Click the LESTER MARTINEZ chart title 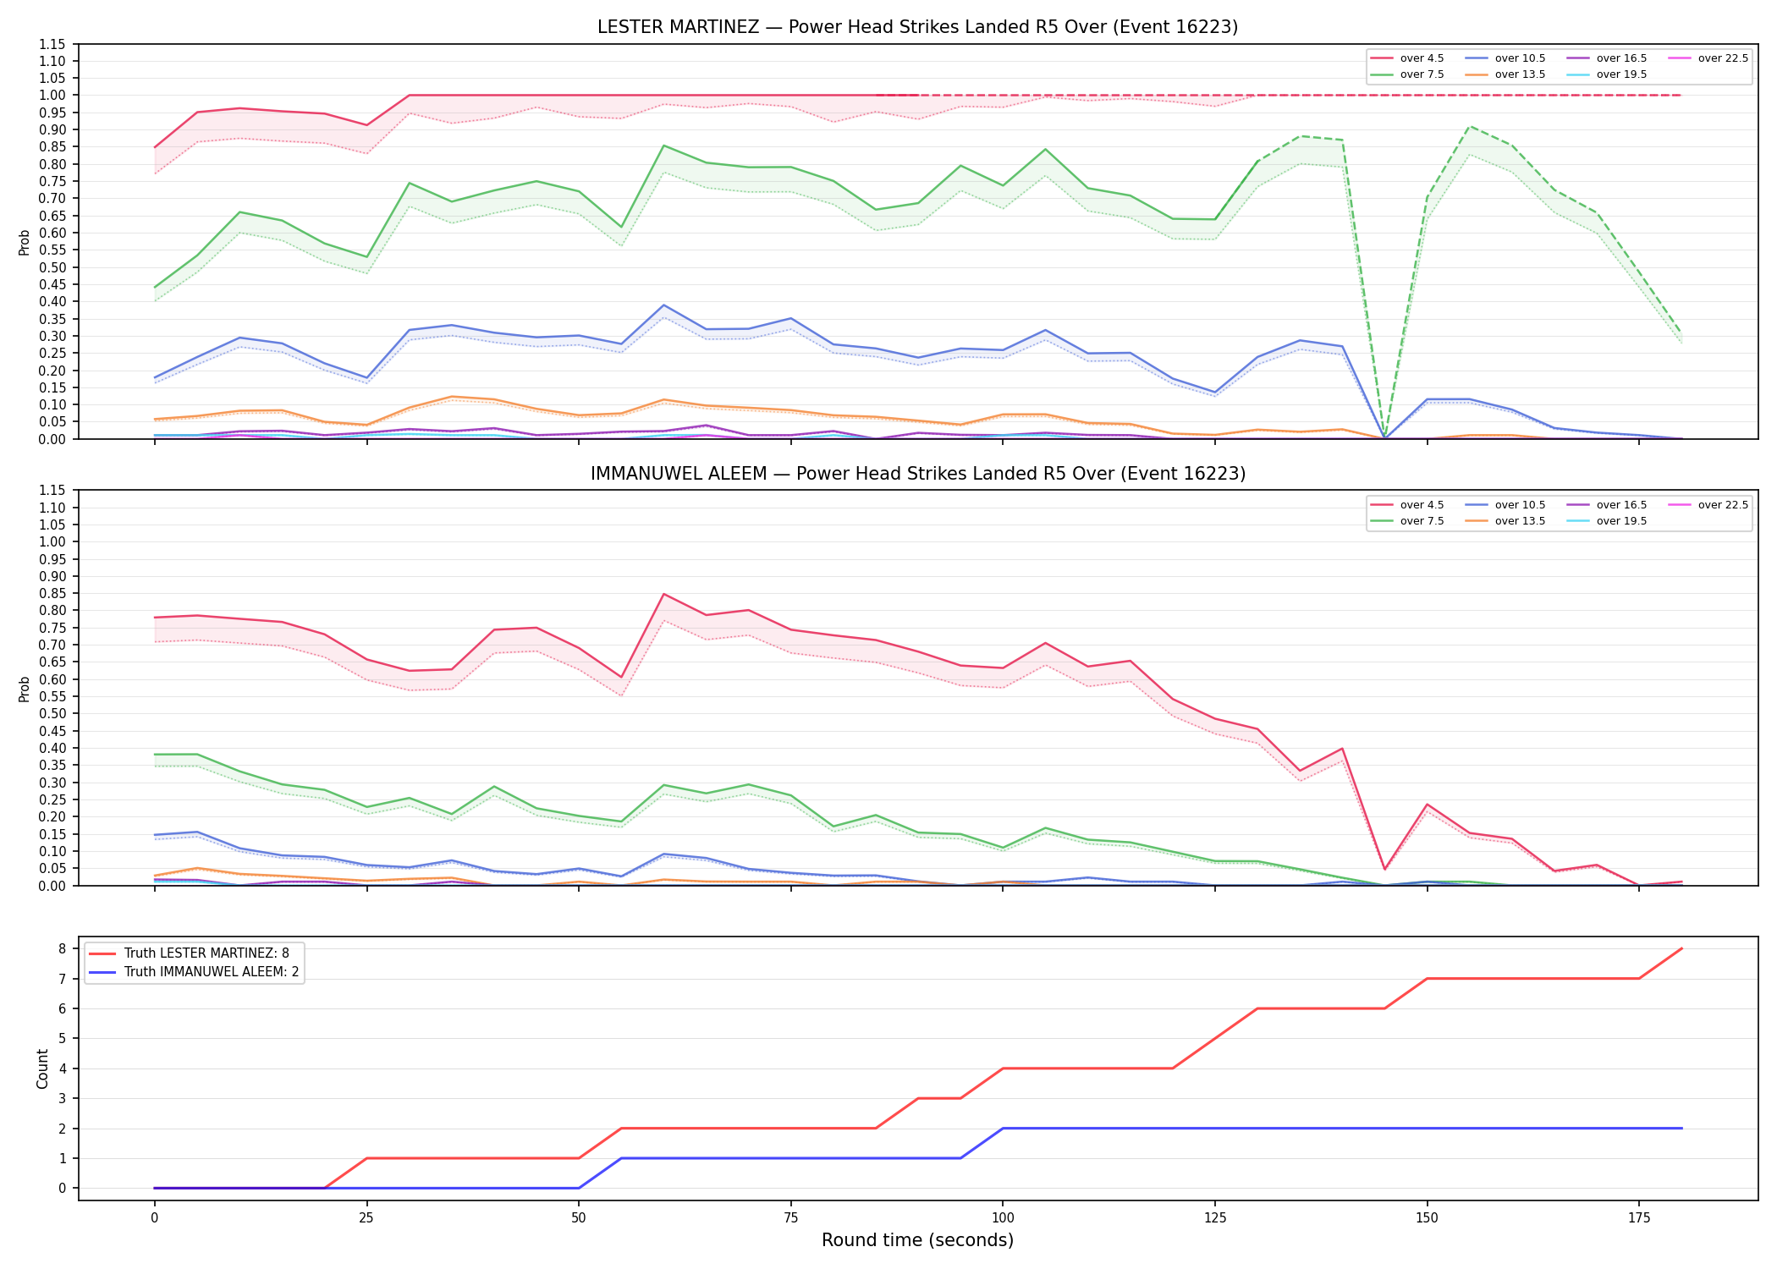tap(917, 27)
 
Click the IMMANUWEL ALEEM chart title tap(917, 474)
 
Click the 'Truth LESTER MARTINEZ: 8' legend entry tap(189, 953)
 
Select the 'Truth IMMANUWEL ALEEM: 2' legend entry tap(194, 972)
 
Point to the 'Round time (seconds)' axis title tap(917, 1240)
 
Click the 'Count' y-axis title tap(42, 1068)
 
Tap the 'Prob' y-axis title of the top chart tap(25, 242)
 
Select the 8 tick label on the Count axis tap(63, 949)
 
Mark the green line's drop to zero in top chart tap(1384, 438)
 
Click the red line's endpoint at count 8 tap(1681, 948)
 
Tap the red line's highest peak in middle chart tap(664, 594)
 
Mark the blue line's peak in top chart tap(664, 305)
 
